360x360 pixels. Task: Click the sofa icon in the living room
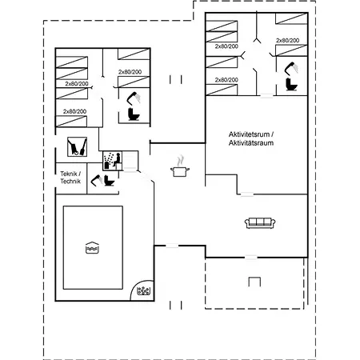(x=260, y=223)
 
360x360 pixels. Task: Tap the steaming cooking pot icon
(x=180, y=166)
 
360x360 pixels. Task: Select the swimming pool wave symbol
(x=92, y=248)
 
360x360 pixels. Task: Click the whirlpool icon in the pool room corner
(x=144, y=291)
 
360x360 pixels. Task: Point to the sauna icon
(x=113, y=161)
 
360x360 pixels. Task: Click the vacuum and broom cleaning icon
(x=77, y=146)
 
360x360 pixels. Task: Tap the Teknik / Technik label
(x=70, y=178)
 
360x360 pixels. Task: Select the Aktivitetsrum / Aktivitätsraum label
(x=251, y=138)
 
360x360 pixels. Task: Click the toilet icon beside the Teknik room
(x=109, y=181)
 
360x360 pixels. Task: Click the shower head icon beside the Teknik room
(x=97, y=180)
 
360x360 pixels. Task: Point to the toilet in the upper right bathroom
(x=291, y=84)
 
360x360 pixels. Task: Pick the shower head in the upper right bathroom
(x=291, y=69)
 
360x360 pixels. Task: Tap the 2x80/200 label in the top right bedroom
(x=288, y=41)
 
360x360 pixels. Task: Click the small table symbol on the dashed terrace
(x=254, y=282)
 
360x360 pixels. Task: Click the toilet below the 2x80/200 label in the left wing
(x=134, y=114)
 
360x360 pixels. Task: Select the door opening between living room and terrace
(x=251, y=258)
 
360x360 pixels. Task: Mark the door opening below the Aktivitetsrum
(x=247, y=194)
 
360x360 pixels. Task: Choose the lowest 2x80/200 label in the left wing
(x=74, y=111)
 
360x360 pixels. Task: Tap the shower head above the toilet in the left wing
(x=134, y=98)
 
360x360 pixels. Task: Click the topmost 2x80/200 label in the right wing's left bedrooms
(x=226, y=46)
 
